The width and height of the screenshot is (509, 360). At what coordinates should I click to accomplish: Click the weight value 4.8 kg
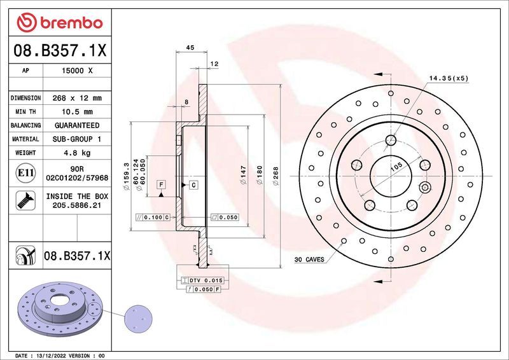coord(76,153)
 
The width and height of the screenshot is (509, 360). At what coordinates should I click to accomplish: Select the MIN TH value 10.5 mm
coord(76,111)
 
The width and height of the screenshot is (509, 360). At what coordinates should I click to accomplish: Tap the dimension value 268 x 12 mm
coord(76,98)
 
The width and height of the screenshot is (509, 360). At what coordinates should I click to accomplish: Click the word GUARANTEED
coord(76,125)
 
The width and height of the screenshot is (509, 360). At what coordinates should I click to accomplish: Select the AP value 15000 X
coord(76,71)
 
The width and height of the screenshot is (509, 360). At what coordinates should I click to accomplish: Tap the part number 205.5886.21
coord(76,206)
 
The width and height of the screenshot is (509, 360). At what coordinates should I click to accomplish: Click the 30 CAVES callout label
coord(309,260)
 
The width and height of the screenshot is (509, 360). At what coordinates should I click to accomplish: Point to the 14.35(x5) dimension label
coord(448,78)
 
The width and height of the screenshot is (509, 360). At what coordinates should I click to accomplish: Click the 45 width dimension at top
coord(190,46)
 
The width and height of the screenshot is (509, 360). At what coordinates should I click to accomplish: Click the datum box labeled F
coord(162,184)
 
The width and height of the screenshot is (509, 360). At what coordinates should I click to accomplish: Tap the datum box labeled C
coord(193,184)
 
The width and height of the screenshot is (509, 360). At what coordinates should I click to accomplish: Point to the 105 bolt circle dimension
coord(395,167)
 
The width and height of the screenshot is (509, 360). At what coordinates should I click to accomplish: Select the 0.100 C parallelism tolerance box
coord(153,217)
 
